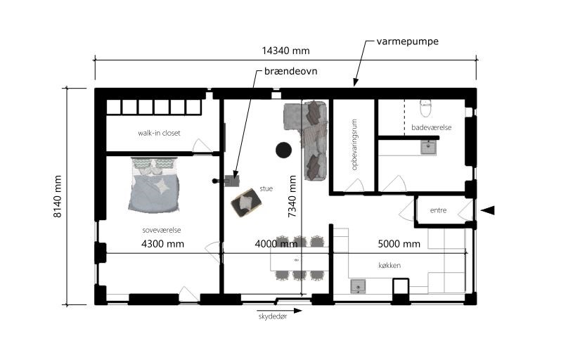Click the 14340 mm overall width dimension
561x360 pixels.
(x=285, y=51)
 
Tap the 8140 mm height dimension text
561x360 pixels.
(x=57, y=196)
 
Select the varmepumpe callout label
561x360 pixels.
(x=408, y=41)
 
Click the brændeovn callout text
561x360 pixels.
(x=290, y=71)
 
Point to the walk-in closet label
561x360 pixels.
(x=159, y=133)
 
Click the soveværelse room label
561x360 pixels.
(x=162, y=230)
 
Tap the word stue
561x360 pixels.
(x=266, y=188)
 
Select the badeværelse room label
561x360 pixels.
(x=431, y=127)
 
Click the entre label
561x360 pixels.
(x=438, y=210)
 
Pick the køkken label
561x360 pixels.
(x=389, y=266)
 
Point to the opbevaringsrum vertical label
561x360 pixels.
(x=354, y=145)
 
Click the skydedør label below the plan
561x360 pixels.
(x=273, y=316)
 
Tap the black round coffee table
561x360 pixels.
(x=283, y=150)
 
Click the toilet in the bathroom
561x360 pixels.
(x=425, y=108)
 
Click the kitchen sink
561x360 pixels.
(x=358, y=287)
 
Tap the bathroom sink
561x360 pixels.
(x=428, y=147)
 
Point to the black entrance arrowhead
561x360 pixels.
(x=488, y=210)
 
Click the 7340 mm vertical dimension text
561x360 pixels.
(x=292, y=196)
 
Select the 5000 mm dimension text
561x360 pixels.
(x=399, y=244)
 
